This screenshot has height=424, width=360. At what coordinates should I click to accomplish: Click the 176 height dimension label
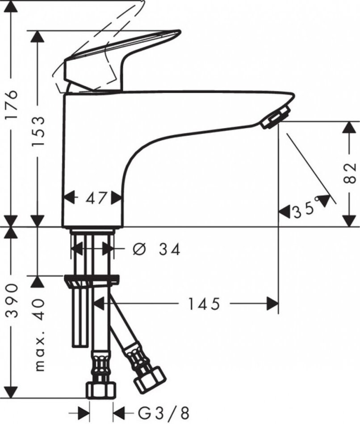tap(13, 104)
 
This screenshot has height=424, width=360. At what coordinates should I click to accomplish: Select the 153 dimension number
tap(38, 131)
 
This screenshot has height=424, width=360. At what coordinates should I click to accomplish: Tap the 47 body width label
tap(96, 198)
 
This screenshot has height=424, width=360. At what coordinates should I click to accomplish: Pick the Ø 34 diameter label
tap(156, 249)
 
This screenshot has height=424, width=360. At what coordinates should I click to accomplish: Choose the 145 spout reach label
tap(204, 304)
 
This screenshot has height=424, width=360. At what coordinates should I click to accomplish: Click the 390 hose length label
tap(13, 300)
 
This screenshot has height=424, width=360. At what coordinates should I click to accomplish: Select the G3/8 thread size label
tap(163, 413)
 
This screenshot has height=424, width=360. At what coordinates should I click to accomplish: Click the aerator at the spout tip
tap(276, 117)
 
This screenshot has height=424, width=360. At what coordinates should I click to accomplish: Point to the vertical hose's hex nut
tap(101, 390)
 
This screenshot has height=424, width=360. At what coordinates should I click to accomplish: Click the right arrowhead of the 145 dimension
tap(272, 303)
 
